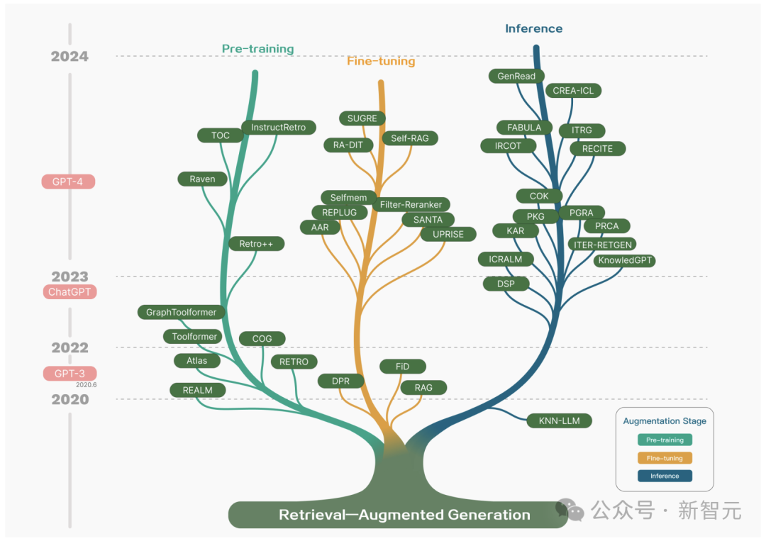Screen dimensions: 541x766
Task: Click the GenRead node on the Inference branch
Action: click(x=516, y=76)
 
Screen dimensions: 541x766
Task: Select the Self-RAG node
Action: click(x=410, y=138)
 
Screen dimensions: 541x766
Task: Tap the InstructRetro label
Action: click(x=278, y=128)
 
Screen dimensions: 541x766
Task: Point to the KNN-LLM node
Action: click(x=559, y=421)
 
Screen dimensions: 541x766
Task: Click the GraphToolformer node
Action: click(x=181, y=312)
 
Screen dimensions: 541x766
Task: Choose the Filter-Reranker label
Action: click(x=411, y=205)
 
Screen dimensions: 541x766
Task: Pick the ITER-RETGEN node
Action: click(x=601, y=244)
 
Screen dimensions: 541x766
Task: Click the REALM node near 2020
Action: click(x=197, y=390)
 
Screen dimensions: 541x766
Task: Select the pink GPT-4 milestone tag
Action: click(x=68, y=182)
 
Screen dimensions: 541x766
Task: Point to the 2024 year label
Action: click(x=70, y=57)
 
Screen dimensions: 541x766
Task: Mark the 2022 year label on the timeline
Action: click(x=70, y=347)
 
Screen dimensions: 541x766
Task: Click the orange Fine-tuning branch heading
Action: click(x=381, y=62)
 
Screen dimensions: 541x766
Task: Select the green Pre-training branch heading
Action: click(x=257, y=49)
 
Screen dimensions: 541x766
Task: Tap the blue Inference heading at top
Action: click(x=533, y=29)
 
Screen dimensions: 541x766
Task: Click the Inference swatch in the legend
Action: click(x=665, y=476)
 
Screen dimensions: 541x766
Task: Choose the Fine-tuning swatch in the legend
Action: click(x=665, y=459)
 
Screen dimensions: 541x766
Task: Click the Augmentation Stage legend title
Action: click(x=665, y=421)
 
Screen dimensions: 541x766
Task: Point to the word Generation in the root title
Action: click(x=489, y=515)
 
